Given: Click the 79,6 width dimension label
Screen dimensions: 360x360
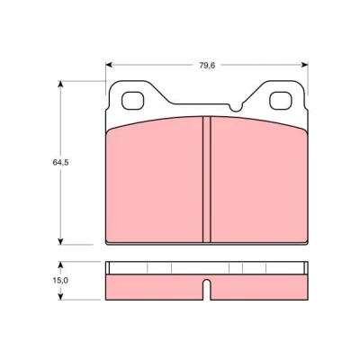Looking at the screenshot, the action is (207, 66).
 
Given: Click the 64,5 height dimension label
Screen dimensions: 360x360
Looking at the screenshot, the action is (60, 162).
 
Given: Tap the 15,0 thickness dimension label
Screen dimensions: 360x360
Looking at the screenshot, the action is (60, 281).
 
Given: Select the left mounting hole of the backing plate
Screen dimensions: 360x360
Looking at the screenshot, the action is (132, 101).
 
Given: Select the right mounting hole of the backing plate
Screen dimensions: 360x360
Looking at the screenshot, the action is (281, 101).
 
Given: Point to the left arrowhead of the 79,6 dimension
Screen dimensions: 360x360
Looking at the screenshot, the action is (109, 65).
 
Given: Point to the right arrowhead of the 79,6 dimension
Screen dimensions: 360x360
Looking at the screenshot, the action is (305, 65).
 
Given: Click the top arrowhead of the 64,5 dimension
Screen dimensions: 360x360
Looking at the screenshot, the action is (60, 84).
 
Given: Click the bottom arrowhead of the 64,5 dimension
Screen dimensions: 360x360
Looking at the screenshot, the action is (60, 241).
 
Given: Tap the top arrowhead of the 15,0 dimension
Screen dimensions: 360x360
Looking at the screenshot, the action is (60, 265).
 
